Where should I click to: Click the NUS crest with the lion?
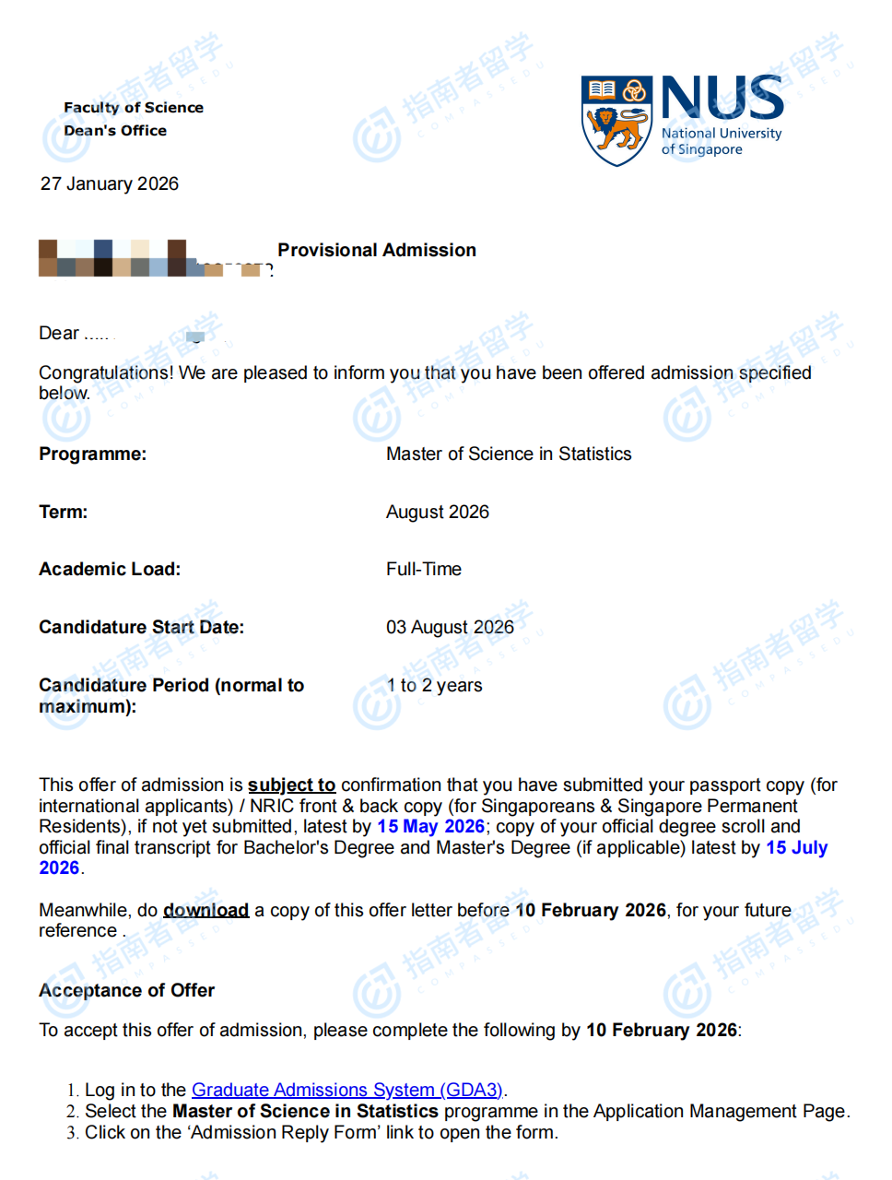tap(616, 121)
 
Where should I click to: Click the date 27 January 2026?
tap(110, 183)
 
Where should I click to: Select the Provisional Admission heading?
tap(377, 250)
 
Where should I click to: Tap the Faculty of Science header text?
tap(134, 107)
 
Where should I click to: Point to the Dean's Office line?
tap(115, 130)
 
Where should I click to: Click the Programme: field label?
tap(92, 454)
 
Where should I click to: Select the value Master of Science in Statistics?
tap(509, 454)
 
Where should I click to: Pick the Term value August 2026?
tap(438, 512)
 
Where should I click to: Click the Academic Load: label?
tap(110, 569)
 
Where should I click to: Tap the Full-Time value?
tap(424, 569)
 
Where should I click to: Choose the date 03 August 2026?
tap(450, 627)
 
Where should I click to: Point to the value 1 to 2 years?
tap(435, 685)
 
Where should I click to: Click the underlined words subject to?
tap(291, 785)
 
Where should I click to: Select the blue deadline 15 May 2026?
tap(430, 826)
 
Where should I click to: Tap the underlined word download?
tap(205, 910)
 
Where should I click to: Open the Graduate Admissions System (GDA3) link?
tap(347, 1090)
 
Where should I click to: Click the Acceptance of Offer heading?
tap(126, 990)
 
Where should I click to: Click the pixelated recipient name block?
tap(152, 259)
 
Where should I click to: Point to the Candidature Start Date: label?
tap(141, 627)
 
